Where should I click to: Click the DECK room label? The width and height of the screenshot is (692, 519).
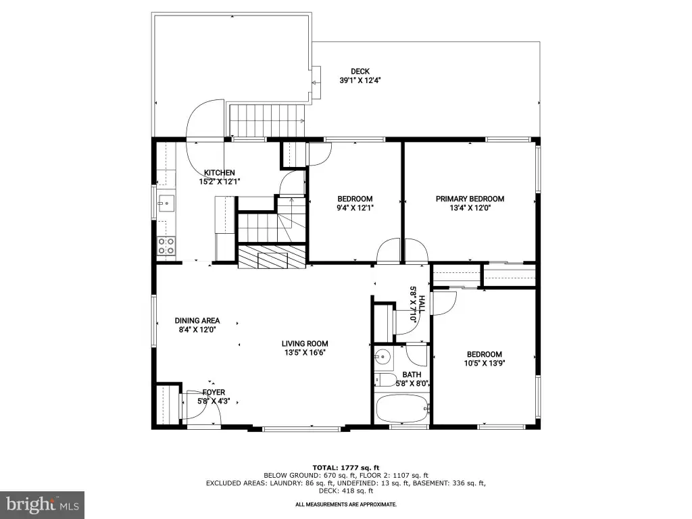click(360, 71)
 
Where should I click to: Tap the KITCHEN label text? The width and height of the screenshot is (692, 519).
click(220, 172)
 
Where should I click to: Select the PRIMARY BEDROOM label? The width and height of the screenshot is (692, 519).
click(470, 199)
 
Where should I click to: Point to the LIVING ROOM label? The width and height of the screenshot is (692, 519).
click(305, 343)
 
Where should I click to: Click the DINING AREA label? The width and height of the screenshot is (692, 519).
click(197, 320)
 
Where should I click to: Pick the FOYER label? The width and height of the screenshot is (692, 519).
click(214, 392)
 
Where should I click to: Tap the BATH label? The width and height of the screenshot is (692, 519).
click(412, 374)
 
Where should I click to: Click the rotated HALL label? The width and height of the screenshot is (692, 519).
click(422, 304)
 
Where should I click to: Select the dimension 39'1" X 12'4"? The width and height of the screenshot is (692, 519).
click(360, 80)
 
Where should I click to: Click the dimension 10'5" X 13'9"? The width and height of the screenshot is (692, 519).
click(485, 363)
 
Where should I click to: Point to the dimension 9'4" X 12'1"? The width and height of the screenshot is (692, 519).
click(355, 208)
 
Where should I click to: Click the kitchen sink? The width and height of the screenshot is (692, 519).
click(166, 204)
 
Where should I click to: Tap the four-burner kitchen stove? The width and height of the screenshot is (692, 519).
click(166, 246)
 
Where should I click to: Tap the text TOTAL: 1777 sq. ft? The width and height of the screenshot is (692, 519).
click(346, 468)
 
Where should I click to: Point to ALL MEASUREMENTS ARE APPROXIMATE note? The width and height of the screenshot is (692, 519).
click(346, 504)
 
